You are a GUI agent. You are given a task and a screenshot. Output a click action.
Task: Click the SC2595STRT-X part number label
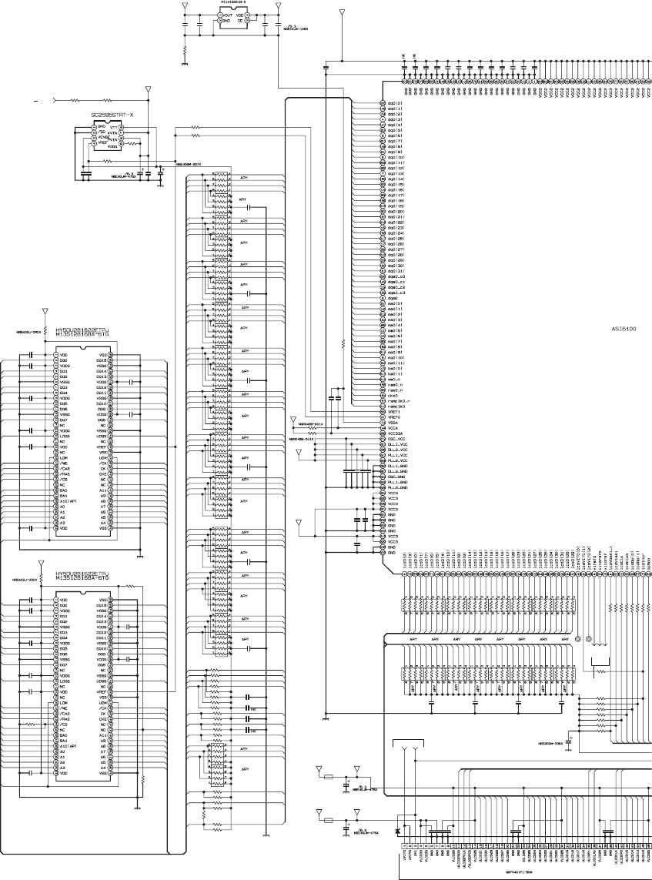pyautogui.click(x=112, y=115)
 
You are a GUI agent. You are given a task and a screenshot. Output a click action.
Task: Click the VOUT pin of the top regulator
pyautogui.click(x=228, y=15)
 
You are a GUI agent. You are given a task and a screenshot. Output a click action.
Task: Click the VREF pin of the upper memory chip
pyautogui.click(x=101, y=447)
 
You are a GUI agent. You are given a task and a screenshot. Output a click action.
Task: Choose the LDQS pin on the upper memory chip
pyautogui.click(x=65, y=437)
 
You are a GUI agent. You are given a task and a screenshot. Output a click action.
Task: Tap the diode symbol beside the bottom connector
pyautogui.click(x=396, y=831)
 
